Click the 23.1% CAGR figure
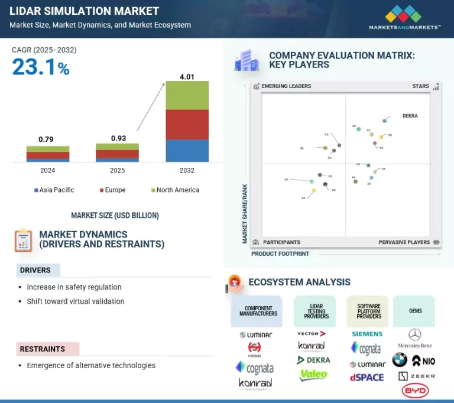point(41,67)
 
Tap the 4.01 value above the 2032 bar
point(187,76)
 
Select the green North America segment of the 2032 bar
point(187,95)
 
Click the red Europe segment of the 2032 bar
point(187,124)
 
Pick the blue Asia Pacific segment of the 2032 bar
point(187,150)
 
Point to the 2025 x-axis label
point(117,170)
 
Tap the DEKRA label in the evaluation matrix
point(410,116)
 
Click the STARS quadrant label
point(420,86)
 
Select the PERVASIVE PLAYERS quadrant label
point(404,242)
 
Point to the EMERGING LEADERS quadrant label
point(286,86)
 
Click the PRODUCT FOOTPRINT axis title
point(280,254)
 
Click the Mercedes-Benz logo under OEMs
point(415,338)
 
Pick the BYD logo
point(415,391)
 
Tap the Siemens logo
point(367,334)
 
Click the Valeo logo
point(313,375)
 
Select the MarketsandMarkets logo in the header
point(404,17)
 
